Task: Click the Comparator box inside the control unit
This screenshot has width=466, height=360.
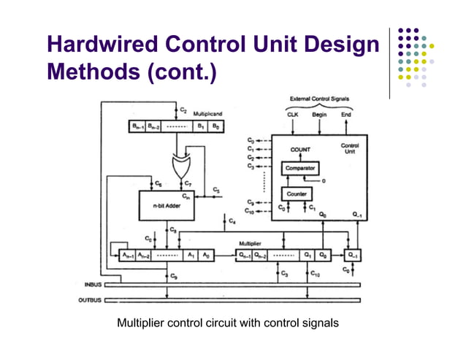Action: coord(300,168)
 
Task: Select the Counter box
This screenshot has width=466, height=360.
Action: coord(297,194)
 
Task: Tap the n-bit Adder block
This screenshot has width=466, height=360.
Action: coord(167,207)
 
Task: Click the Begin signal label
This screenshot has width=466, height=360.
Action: coord(319,115)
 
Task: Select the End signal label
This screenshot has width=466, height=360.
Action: coord(346,115)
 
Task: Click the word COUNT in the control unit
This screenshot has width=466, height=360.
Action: coord(300,150)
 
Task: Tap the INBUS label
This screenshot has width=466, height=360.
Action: coord(92,285)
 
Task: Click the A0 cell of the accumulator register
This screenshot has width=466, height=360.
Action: coord(207,255)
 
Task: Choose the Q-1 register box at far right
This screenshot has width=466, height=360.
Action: coord(353,255)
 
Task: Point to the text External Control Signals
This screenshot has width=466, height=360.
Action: coord(319,99)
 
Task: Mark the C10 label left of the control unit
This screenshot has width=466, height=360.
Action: coord(250,211)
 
